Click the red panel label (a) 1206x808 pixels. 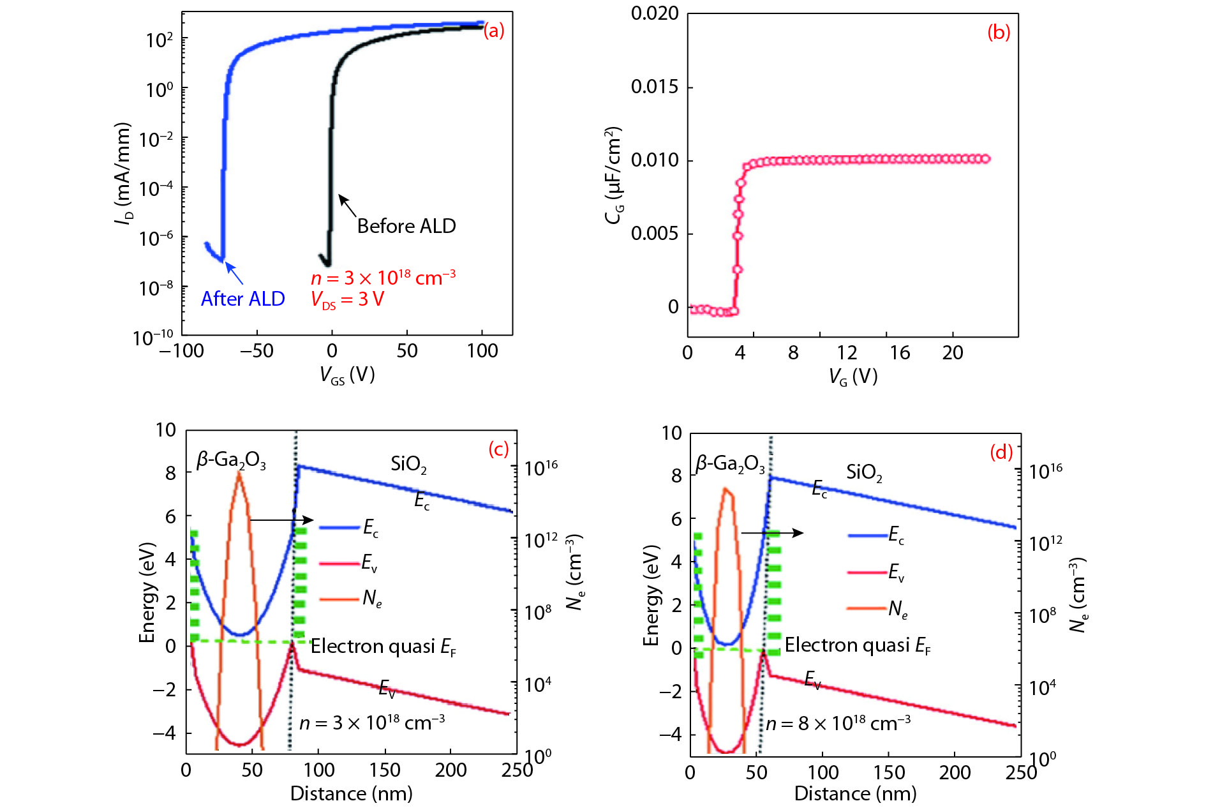493,30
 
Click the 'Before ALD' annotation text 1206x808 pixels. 406,226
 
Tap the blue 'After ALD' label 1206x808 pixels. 242,299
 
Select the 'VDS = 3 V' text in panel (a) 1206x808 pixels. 347,299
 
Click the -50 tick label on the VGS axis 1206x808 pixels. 257,350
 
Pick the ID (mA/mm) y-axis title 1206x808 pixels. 123,173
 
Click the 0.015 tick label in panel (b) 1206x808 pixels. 655,87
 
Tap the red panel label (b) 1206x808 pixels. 999,32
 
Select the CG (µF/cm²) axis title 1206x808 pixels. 613,175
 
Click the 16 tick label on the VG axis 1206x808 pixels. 900,352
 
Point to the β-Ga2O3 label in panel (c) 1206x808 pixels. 231,460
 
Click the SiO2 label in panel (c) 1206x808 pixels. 408,464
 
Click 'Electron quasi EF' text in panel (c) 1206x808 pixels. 383,647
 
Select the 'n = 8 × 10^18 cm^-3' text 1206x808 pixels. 838,723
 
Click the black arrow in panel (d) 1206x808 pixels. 771,532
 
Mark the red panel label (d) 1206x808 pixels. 1001,452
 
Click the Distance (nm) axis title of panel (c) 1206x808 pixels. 351,793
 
